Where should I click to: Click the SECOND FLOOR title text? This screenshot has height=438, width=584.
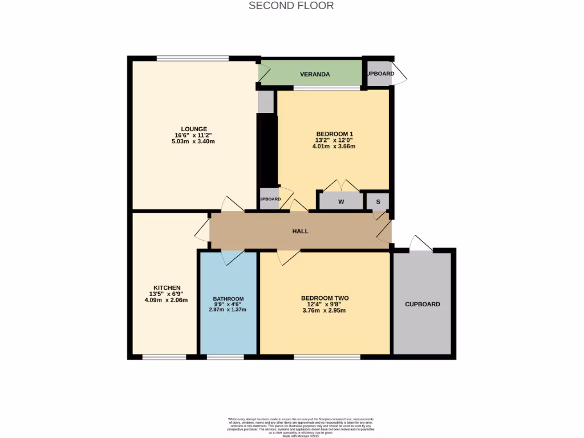291,6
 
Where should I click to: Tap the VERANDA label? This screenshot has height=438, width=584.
315,74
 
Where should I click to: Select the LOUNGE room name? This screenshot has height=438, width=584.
194,129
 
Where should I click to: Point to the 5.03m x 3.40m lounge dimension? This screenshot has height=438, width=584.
194,141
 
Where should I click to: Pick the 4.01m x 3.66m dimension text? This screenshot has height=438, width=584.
334,146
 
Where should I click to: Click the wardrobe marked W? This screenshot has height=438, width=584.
341,202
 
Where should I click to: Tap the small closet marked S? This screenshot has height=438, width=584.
378,202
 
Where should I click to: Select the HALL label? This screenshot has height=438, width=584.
300,231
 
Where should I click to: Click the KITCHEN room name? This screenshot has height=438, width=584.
167,287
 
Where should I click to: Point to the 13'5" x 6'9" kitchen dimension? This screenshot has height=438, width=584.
167,294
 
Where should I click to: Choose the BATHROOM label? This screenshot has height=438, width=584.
228,299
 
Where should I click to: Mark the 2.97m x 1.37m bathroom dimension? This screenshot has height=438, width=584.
228,310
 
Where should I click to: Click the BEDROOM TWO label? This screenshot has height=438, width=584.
325,298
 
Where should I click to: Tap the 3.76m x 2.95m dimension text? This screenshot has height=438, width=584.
325,310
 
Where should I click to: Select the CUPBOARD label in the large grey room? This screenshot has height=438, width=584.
423,304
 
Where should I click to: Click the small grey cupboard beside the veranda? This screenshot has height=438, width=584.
380,74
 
